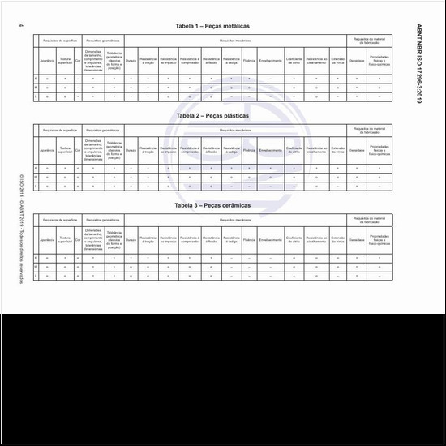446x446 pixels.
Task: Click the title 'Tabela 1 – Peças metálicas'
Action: (x=212, y=27)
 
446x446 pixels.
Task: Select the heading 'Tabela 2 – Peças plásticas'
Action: (x=212, y=116)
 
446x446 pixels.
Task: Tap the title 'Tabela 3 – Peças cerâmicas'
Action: (x=212, y=205)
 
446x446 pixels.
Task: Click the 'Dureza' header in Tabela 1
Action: (x=131, y=61)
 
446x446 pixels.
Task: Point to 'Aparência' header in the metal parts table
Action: (x=48, y=61)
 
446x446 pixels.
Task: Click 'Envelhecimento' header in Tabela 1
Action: (x=271, y=61)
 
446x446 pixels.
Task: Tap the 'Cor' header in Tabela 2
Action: (x=78, y=150)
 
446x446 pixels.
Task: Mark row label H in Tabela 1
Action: (x=35, y=79)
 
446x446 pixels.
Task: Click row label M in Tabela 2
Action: (x=35, y=177)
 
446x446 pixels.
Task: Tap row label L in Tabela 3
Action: (x=35, y=276)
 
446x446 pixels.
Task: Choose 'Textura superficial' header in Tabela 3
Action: (x=65, y=239)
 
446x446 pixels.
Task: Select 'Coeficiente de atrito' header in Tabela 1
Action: (x=294, y=61)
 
